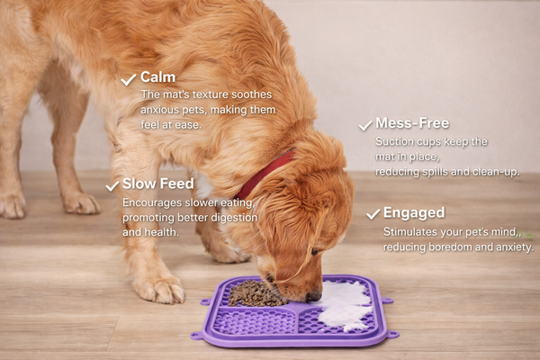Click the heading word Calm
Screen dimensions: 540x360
(x=157, y=77)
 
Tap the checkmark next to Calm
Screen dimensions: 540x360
(x=129, y=79)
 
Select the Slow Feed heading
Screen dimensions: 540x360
(x=158, y=184)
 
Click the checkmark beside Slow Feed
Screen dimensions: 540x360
(x=112, y=186)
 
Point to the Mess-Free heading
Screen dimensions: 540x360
(x=412, y=123)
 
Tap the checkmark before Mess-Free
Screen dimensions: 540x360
(x=365, y=125)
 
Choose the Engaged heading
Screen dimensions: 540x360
(x=414, y=213)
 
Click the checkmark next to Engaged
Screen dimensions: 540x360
(x=373, y=214)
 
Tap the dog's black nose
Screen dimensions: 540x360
(x=314, y=296)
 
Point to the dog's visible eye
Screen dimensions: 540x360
(x=314, y=252)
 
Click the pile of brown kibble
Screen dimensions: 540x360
(x=256, y=293)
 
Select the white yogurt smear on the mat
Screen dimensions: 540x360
(x=346, y=304)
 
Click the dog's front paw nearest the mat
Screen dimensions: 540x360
(x=159, y=288)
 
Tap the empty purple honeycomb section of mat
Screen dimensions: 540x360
(x=255, y=321)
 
